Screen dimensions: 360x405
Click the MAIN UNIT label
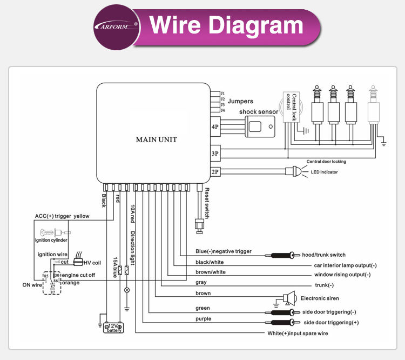point(156,139)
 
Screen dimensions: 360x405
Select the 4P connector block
point(215,127)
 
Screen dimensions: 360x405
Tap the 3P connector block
point(215,154)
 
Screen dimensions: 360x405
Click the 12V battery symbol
point(114,326)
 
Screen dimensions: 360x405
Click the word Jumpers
point(240,101)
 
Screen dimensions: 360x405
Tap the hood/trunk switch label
point(323,255)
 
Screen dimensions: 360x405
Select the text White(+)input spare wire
point(298,334)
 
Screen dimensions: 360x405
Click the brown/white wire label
point(211,272)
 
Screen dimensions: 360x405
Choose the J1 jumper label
point(222,93)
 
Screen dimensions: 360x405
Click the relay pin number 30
point(57,275)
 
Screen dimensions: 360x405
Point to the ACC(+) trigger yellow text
point(62,216)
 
